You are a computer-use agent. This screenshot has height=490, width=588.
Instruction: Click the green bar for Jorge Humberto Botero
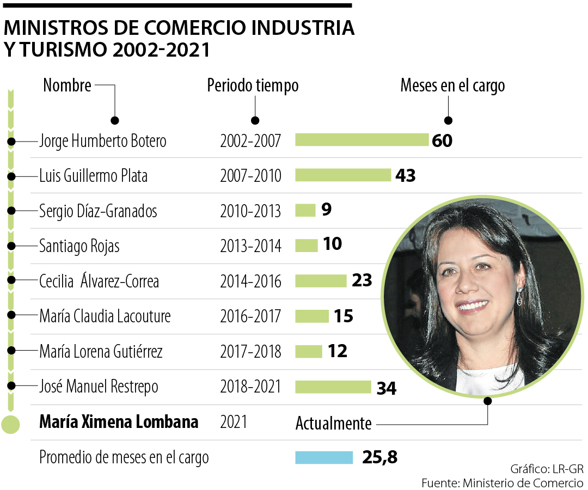[x=362, y=140]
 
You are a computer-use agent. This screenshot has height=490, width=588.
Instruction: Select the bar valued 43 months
[x=343, y=175]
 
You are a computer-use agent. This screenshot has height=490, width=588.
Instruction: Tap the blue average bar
[x=324, y=457]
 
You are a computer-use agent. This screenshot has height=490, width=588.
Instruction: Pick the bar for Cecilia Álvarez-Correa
[x=321, y=281]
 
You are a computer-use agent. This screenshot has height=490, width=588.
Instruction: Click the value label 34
[x=387, y=388]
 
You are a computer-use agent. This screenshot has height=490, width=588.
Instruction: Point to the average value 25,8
[x=379, y=458]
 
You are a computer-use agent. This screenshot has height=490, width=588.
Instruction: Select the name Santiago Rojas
[x=79, y=246]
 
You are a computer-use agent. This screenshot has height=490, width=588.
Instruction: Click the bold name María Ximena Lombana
[x=119, y=422]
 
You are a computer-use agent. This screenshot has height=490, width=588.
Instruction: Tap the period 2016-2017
[x=250, y=316]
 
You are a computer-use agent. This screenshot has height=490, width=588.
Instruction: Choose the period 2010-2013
[x=250, y=211]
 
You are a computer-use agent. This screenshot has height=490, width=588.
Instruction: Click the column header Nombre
[x=67, y=85]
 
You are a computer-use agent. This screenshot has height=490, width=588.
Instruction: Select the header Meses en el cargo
[x=452, y=85]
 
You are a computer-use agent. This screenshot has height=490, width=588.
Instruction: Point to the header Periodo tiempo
[x=253, y=85]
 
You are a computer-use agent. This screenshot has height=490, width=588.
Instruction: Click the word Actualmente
[x=333, y=424]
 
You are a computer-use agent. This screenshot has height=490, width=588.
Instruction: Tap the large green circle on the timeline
[x=11, y=424]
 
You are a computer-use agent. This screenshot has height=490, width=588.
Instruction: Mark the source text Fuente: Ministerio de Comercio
[x=502, y=483]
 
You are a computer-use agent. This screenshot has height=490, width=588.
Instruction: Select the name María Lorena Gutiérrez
[x=101, y=352]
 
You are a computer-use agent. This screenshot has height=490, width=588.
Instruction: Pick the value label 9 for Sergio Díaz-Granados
[x=327, y=210]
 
